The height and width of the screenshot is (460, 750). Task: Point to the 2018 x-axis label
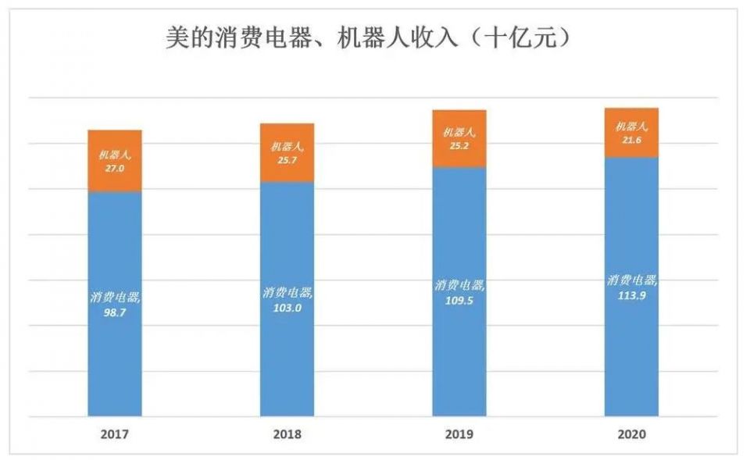pyautogui.click(x=287, y=433)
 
